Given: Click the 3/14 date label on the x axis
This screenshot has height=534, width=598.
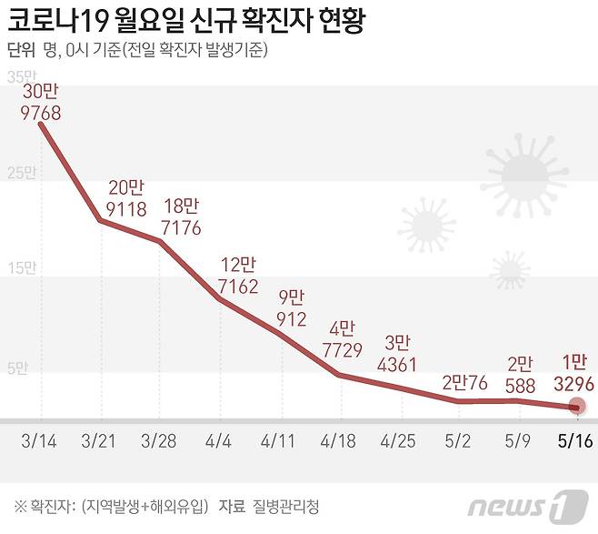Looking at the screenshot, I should (x=39, y=441).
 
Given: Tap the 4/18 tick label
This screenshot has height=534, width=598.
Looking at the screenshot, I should (x=340, y=441).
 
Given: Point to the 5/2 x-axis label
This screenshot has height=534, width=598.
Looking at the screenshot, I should (x=459, y=441).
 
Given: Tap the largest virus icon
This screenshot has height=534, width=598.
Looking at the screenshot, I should (x=523, y=170).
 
